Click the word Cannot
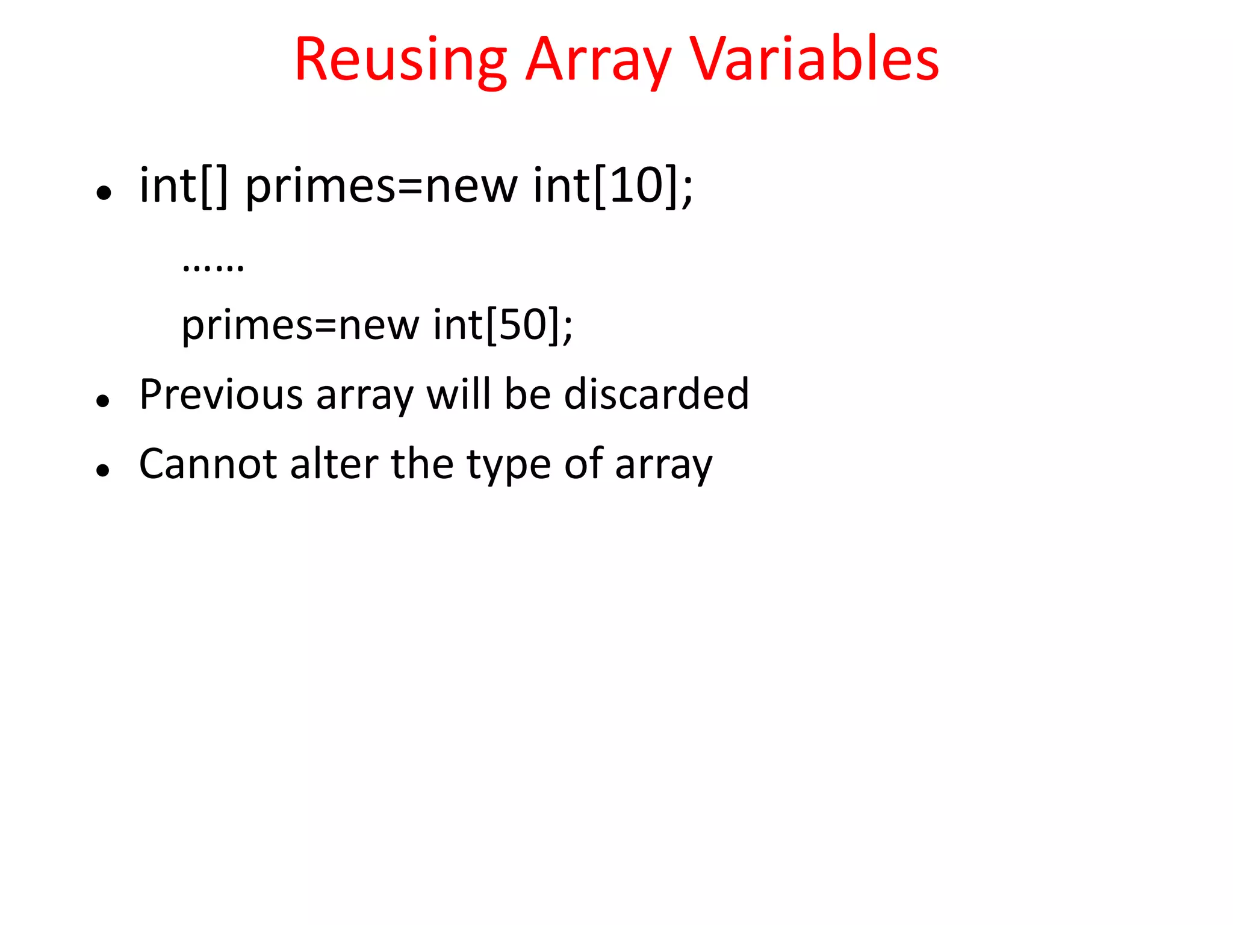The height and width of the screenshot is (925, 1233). click(208, 464)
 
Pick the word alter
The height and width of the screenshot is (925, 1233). click(334, 464)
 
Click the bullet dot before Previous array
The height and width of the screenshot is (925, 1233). click(104, 400)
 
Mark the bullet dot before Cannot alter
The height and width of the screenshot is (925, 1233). click(104, 470)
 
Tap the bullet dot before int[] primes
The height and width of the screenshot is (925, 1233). click(104, 193)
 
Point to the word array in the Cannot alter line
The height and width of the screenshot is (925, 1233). click(663, 464)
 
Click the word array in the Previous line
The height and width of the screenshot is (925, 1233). click(365, 394)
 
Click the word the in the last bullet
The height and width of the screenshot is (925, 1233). click(422, 464)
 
